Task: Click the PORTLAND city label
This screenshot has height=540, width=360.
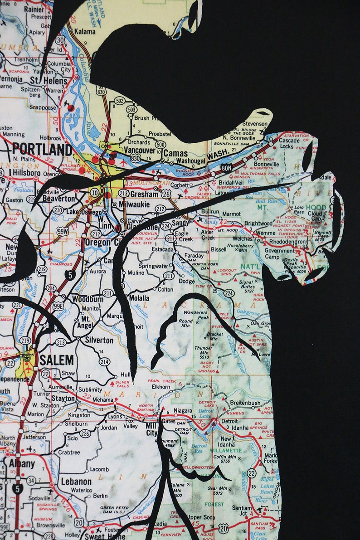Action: point(42,149)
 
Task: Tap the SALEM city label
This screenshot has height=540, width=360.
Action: point(56,360)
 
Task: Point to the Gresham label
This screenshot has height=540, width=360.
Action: point(145,194)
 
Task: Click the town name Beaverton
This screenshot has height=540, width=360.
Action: point(59,199)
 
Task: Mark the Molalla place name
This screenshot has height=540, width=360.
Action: point(139,298)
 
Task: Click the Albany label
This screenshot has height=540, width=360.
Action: point(22,463)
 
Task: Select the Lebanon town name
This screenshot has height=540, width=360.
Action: point(76,482)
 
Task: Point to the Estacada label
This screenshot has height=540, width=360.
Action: point(163,249)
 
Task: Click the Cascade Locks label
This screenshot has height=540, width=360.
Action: point(289,143)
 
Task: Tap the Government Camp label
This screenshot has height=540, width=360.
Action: point(279,253)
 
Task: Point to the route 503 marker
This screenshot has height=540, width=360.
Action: point(132,110)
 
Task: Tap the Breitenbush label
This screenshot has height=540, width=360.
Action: point(245,403)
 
